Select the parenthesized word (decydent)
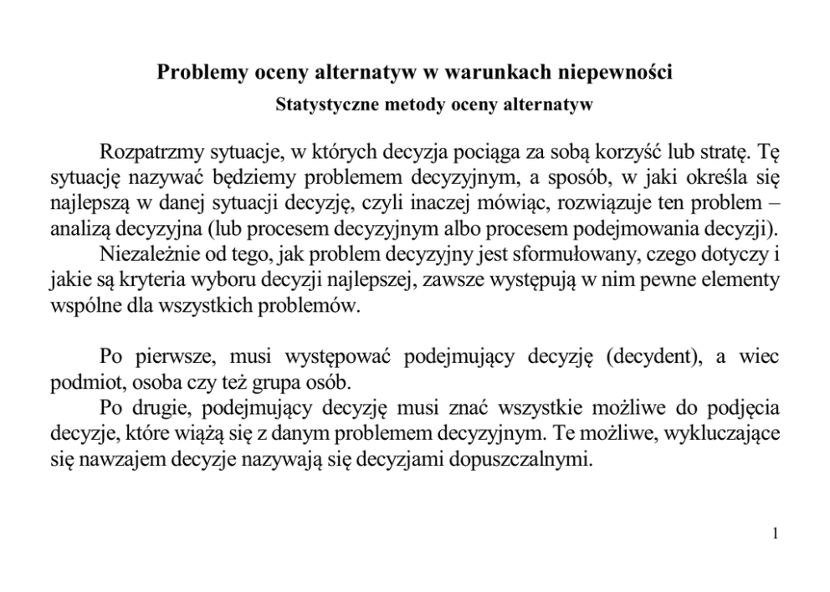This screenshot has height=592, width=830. click(652, 357)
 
